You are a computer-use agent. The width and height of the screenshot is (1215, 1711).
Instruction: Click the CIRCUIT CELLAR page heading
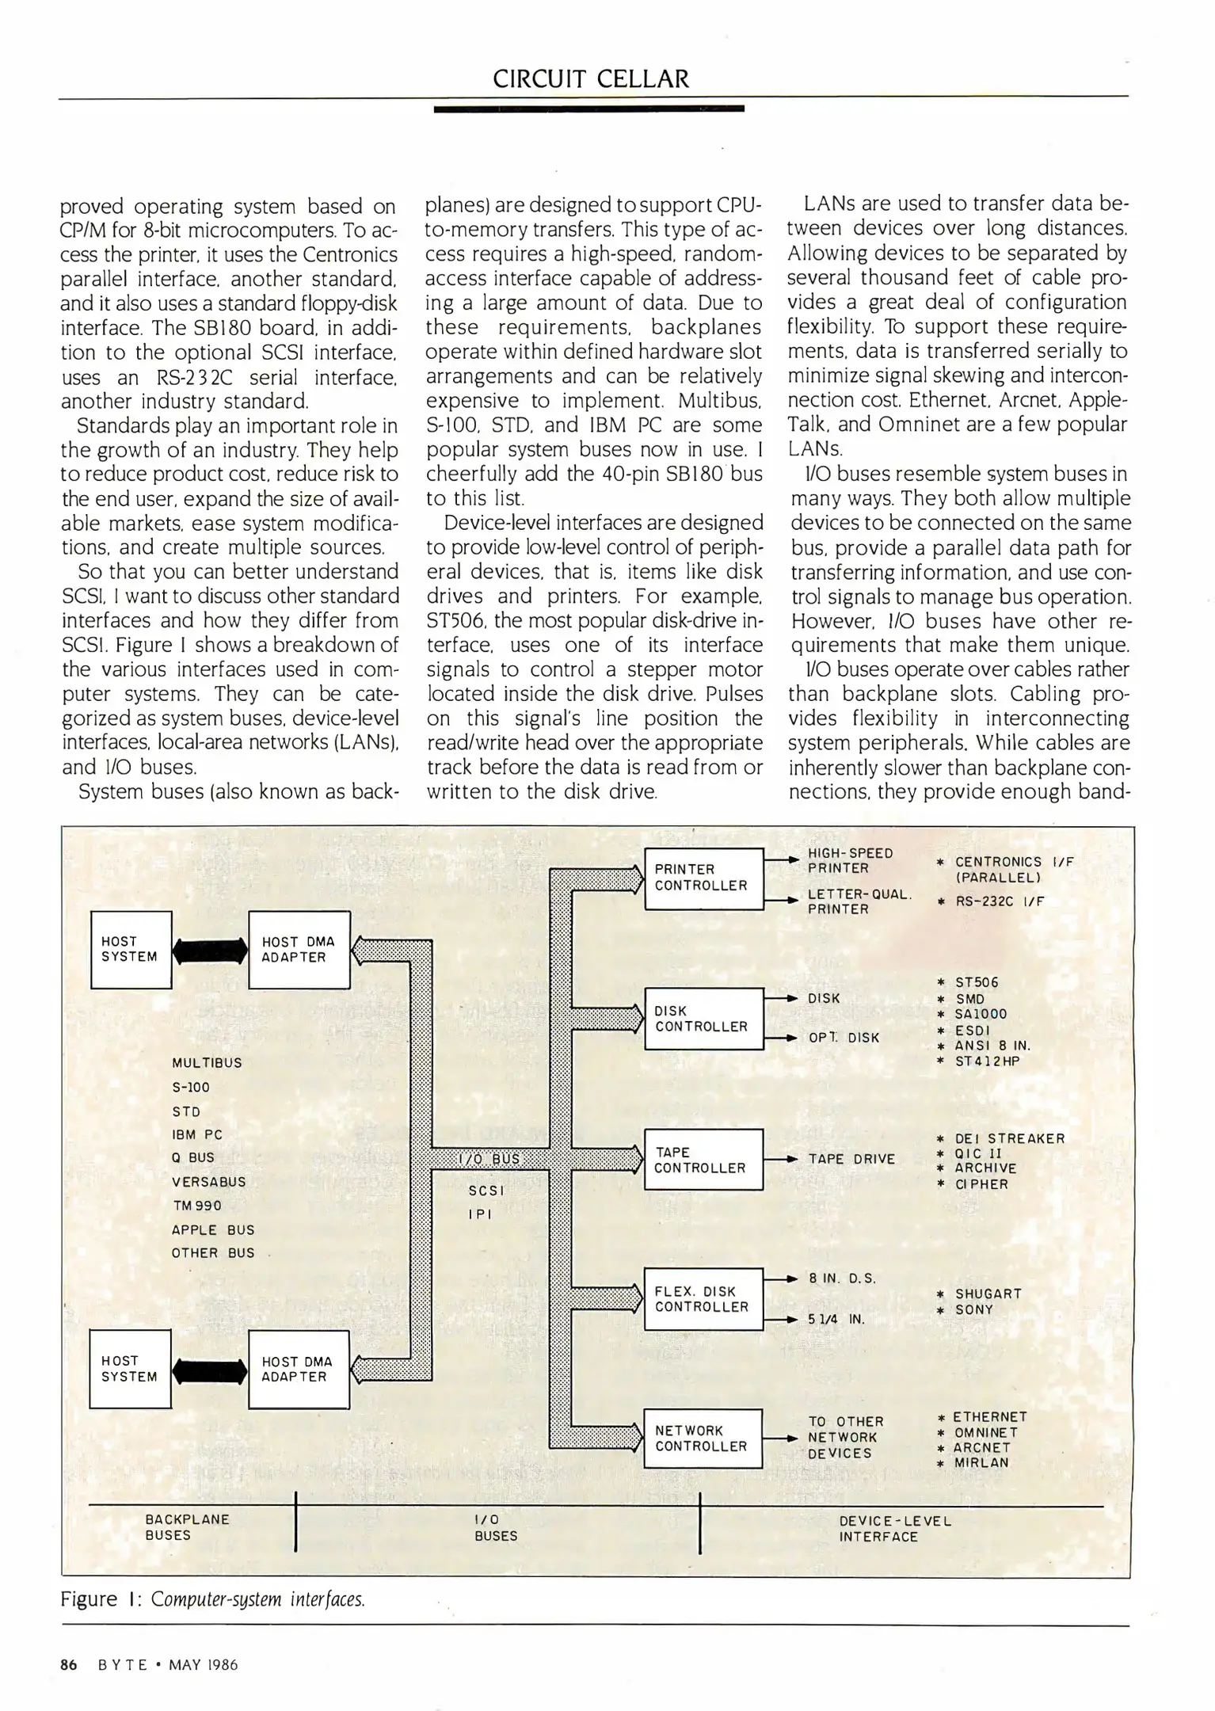(590, 78)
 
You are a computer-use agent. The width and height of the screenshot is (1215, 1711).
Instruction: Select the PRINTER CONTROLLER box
(703, 877)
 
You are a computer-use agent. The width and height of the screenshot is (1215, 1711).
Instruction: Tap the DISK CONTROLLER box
(703, 1019)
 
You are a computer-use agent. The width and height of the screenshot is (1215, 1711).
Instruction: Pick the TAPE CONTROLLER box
(702, 1160)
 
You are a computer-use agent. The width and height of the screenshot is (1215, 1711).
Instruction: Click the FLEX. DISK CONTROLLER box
(703, 1299)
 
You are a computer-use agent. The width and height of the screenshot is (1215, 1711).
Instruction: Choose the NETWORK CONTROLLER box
(702, 1438)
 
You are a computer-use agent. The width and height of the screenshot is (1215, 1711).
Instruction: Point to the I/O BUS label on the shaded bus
(489, 1159)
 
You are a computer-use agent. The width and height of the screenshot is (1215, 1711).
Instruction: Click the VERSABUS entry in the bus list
(208, 1181)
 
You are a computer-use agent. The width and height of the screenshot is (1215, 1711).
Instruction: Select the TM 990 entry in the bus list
(196, 1205)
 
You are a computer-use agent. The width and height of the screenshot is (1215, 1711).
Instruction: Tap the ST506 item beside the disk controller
(976, 982)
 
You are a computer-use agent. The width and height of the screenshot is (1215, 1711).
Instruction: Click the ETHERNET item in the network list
(989, 1416)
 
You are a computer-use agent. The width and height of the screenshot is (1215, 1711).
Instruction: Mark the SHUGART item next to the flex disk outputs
(988, 1294)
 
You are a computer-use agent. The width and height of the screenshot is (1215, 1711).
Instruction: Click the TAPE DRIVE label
(851, 1159)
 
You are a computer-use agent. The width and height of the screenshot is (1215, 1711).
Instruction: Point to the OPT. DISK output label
(844, 1037)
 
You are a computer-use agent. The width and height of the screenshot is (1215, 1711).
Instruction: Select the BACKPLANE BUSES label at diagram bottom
(187, 1526)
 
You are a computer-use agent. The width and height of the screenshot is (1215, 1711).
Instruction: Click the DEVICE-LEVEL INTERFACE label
(895, 1528)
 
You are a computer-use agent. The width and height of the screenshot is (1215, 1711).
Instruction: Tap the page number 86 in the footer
(69, 1664)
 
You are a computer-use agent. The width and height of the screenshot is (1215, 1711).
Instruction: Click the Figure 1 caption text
(212, 1599)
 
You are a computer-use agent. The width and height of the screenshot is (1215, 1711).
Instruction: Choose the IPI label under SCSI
(479, 1214)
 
